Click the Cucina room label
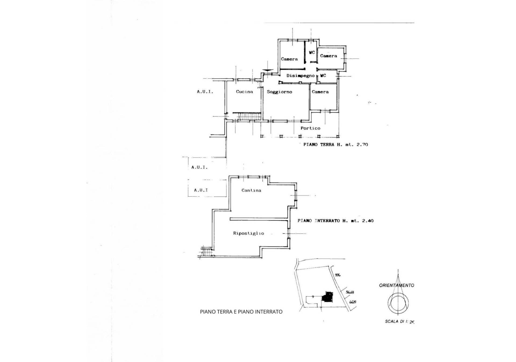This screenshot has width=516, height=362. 244,92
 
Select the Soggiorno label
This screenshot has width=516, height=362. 279,92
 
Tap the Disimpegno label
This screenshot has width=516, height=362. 300,76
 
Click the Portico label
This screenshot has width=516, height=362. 310,128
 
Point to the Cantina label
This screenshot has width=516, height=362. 251,190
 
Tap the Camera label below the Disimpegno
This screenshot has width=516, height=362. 320,92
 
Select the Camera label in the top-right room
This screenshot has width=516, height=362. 328,56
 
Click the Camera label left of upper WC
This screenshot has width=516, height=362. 289,59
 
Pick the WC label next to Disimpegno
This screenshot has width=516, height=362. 323,76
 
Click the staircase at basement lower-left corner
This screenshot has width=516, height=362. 207,252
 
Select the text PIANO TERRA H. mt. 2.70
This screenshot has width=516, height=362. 335,145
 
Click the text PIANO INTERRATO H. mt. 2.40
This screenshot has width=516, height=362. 335,221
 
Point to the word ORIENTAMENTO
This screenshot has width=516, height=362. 396,285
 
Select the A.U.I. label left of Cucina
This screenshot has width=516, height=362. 205,92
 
